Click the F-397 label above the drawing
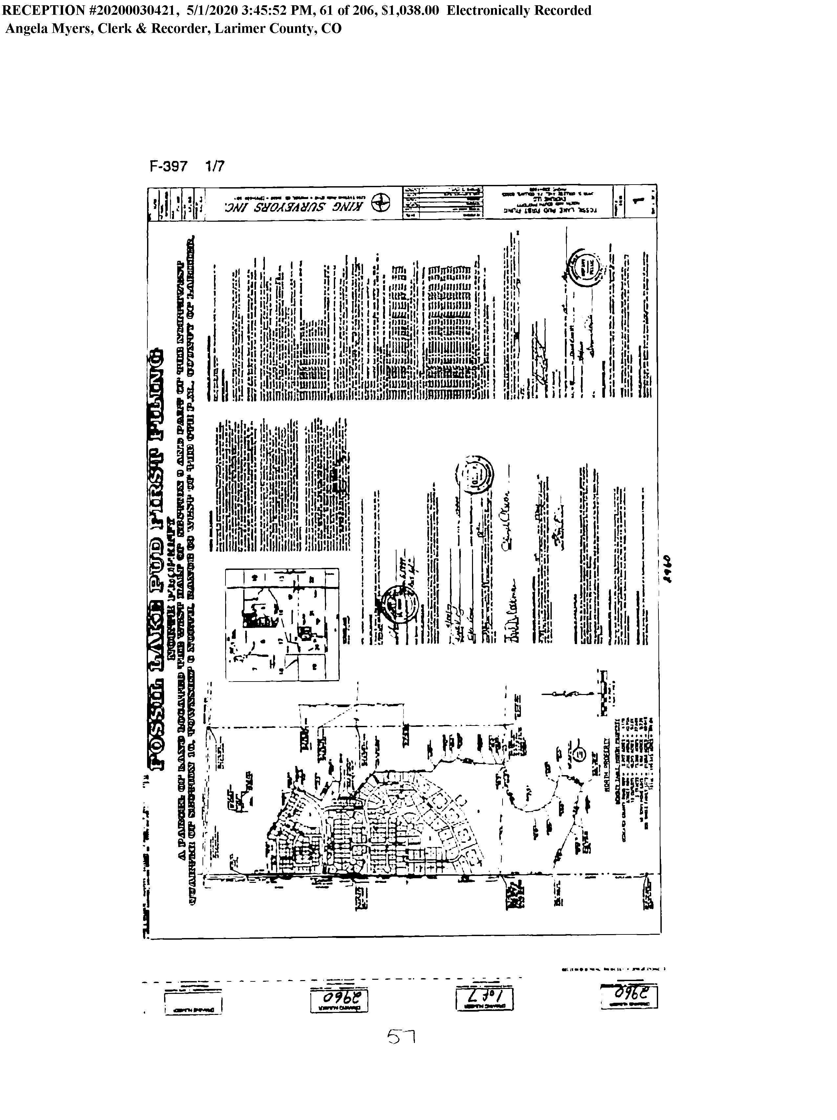point(168,166)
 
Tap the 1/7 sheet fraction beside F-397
point(215,166)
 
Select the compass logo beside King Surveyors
point(380,205)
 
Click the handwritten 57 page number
point(401,1037)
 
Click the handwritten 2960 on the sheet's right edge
point(668,568)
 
